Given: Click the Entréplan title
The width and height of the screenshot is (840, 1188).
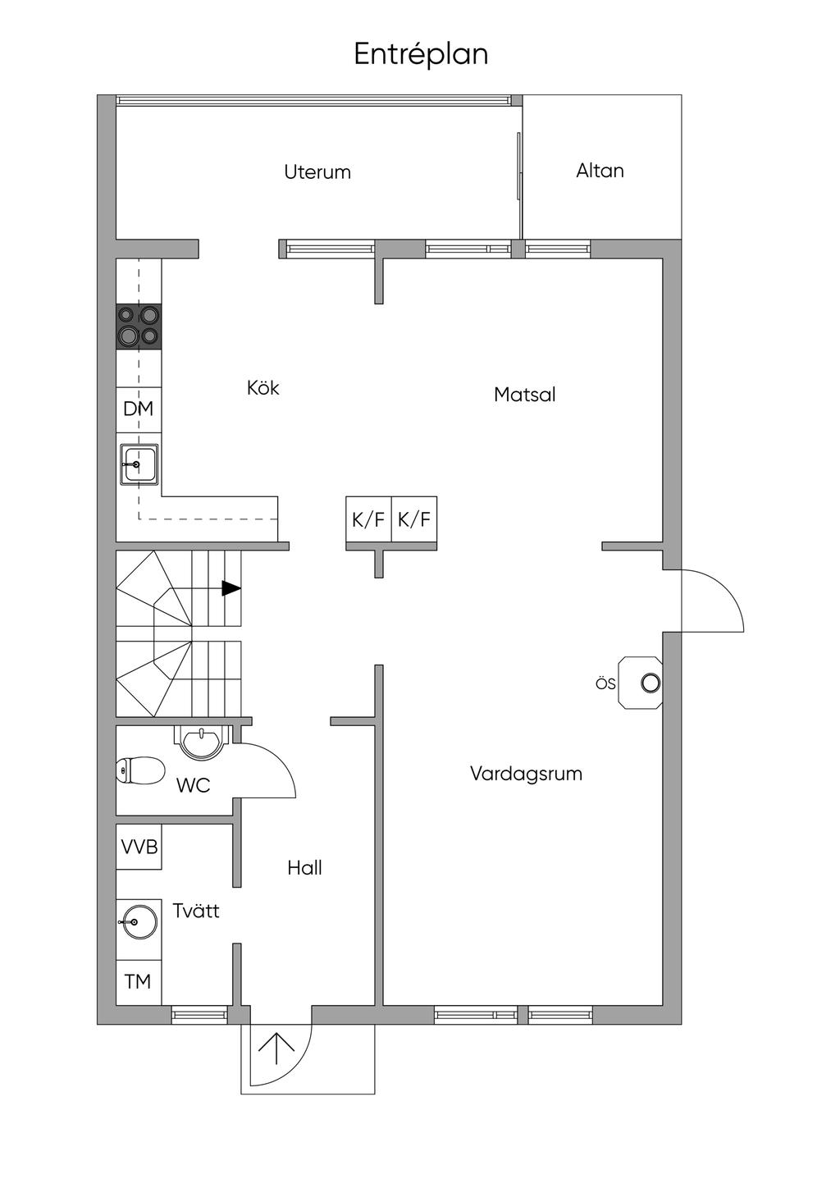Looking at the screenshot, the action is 421,55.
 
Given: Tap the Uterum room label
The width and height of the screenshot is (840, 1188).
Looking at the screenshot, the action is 317,171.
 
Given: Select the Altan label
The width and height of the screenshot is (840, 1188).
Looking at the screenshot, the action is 600,171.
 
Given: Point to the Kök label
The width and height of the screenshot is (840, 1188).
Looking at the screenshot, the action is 263,387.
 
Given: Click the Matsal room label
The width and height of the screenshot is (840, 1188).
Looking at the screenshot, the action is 524,395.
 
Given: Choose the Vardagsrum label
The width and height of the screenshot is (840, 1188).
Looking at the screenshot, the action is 526,774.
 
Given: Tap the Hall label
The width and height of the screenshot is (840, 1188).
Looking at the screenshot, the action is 305,868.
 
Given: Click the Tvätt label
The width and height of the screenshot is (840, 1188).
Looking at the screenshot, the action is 196,911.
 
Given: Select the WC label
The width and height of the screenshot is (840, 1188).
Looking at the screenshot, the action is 193,785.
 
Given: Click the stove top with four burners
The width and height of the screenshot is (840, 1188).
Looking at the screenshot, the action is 139,327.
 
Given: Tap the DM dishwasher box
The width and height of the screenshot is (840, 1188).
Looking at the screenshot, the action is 139,409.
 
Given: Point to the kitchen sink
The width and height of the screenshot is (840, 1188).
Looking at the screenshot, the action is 139,464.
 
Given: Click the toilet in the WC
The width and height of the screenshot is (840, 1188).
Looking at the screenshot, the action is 140,770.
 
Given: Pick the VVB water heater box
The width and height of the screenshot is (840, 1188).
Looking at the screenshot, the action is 139,847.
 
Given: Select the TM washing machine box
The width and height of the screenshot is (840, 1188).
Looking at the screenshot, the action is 139,982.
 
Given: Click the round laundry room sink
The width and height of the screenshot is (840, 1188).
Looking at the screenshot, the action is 139,921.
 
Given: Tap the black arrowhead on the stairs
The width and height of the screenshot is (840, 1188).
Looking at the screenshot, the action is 231,589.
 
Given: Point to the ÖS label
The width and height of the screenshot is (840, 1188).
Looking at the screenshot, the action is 605,683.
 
